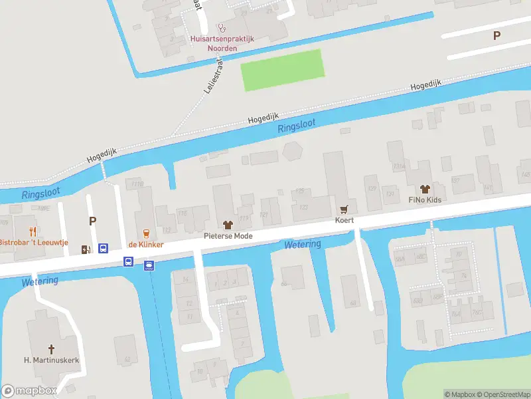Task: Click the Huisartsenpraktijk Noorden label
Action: click(x=222, y=43)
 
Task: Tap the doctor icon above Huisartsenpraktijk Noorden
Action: click(x=222, y=28)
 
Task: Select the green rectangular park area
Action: click(x=282, y=70)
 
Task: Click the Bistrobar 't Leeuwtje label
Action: click(x=34, y=243)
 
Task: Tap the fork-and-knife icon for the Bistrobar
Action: click(x=32, y=231)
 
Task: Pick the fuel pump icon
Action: click(x=86, y=249)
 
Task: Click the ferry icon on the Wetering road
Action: click(x=149, y=265)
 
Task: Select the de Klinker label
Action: click(x=146, y=245)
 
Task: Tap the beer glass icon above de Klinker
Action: click(x=146, y=233)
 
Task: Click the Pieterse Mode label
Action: click(x=228, y=235)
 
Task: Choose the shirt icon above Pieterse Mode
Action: click(x=228, y=224)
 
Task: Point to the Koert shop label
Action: click(x=344, y=220)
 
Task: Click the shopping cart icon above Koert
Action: click(x=344, y=209)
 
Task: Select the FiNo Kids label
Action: click(x=425, y=199)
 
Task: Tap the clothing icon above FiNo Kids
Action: click(x=425, y=188)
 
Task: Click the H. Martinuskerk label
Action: click(x=51, y=360)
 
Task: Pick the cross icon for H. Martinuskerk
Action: click(x=51, y=348)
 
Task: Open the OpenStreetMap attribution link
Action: click(x=504, y=394)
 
